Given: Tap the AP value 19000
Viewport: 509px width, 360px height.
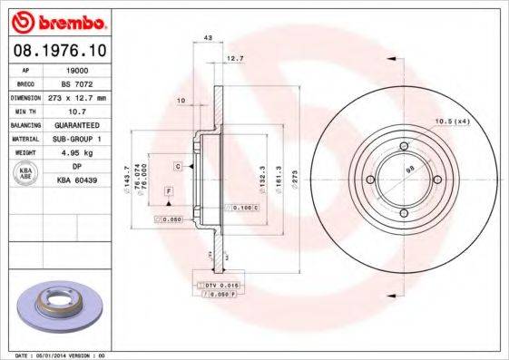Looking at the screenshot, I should pos(78,68).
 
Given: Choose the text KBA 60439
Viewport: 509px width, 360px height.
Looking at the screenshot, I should pos(78,180).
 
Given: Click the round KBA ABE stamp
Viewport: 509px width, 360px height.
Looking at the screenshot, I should pos(26,173).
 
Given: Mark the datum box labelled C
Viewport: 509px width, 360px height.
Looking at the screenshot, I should pos(179,166).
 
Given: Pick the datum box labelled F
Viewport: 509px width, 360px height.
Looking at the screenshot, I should pos(168,191).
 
